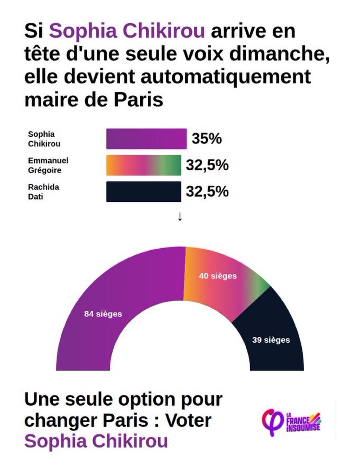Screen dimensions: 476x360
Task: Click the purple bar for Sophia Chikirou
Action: click(x=146, y=139)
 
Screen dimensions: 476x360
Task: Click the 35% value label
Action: click(x=207, y=139)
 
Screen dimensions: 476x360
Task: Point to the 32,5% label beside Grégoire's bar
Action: click(x=207, y=165)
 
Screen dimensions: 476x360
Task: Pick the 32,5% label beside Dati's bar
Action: click(x=207, y=192)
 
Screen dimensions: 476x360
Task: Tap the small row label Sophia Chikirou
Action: click(x=41, y=139)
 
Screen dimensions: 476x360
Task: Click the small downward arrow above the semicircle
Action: click(x=180, y=217)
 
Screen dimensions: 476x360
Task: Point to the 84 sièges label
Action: click(x=103, y=314)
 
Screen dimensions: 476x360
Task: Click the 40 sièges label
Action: click(x=218, y=276)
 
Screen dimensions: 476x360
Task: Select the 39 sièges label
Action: click(x=271, y=340)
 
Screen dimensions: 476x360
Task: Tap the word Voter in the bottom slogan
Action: click(x=186, y=421)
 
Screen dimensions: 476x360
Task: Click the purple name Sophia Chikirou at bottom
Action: click(x=96, y=441)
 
